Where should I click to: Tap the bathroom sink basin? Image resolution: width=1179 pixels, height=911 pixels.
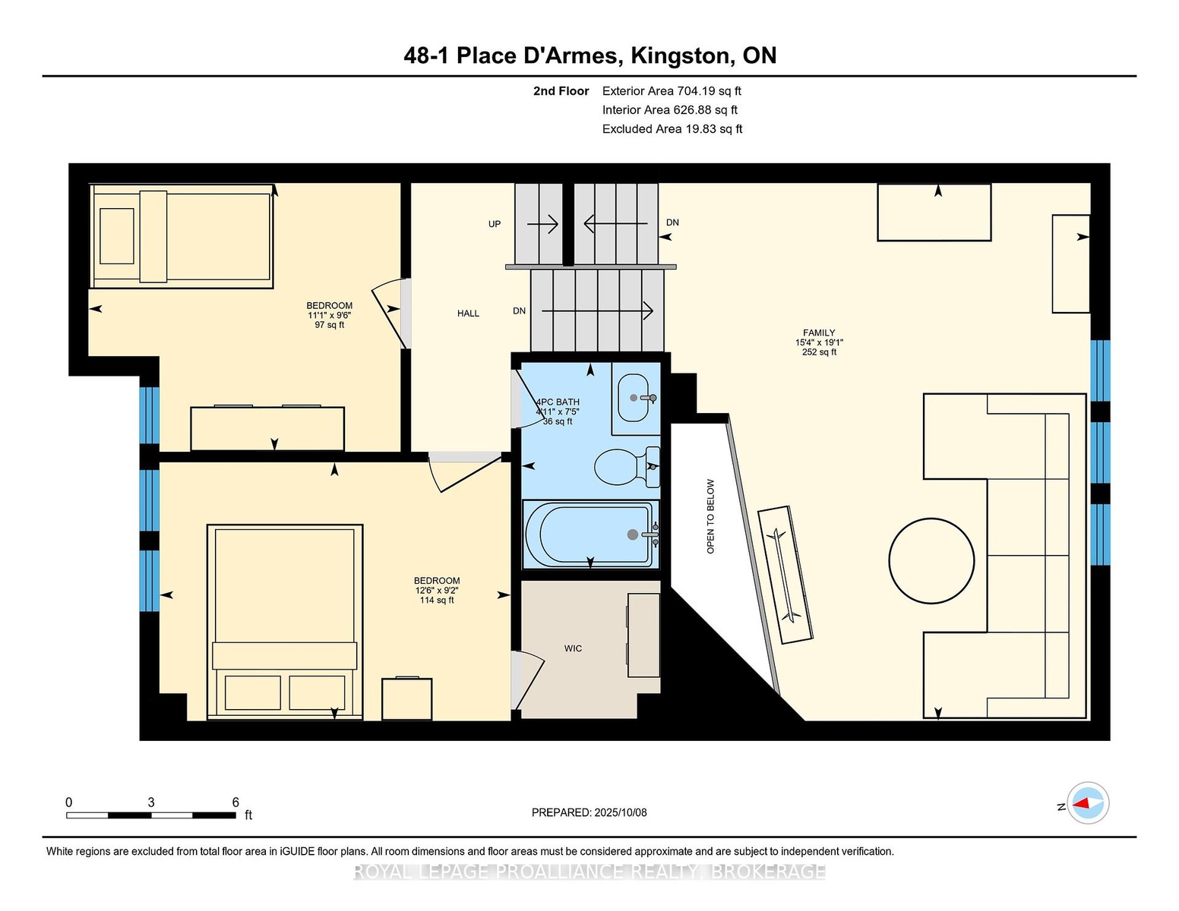(x=633, y=397)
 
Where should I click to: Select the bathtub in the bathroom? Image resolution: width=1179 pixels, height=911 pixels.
(x=590, y=534)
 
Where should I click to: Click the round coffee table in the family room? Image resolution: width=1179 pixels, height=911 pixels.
(x=931, y=561)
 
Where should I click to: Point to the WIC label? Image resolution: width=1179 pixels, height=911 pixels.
(x=573, y=648)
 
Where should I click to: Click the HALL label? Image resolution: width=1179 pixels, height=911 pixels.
(x=468, y=314)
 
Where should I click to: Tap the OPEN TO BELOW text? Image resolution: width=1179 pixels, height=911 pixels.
(x=710, y=516)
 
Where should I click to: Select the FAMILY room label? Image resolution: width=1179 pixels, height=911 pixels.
(x=819, y=333)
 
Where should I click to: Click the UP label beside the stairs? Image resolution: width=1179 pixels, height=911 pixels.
(x=495, y=224)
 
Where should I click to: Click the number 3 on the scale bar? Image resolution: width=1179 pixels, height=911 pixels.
(x=151, y=802)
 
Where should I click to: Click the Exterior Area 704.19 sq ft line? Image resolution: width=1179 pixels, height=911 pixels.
(x=672, y=91)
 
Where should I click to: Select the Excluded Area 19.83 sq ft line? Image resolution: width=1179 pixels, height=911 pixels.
(x=672, y=129)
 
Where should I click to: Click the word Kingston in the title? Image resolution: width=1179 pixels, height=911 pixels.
(x=681, y=55)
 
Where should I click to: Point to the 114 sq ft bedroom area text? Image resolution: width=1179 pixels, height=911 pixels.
(x=437, y=601)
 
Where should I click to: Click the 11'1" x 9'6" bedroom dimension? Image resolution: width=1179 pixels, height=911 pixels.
(x=330, y=315)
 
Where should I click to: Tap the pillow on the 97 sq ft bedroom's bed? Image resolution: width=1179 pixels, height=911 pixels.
(x=117, y=236)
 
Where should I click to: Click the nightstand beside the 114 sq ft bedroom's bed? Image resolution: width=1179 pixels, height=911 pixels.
(x=407, y=699)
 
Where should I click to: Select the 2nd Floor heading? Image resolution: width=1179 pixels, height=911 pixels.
(x=561, y=91)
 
